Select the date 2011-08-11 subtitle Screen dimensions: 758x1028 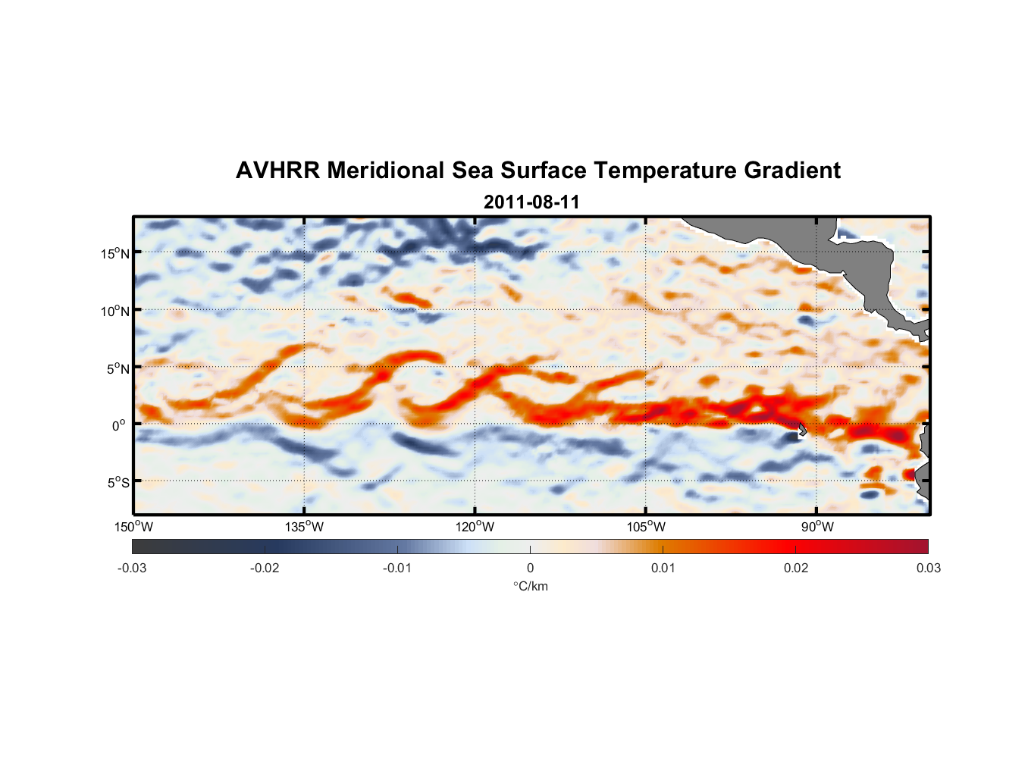click(x=531, y=202)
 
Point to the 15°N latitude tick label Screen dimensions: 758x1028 click(x=115, y=254)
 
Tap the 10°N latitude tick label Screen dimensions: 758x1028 click(x=115, y=312)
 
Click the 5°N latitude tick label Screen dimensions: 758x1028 click(x=118, y=369)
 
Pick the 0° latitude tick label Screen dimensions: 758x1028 click(x=119, y=426)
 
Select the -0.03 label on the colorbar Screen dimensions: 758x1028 click(x=132, y=568)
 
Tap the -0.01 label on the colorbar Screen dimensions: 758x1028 click(x=397, y=568)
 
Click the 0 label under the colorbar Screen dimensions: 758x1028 click(x=530, y=568)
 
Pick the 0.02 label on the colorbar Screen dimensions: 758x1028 click(x=796, y=568)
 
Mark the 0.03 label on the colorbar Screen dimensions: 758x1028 click(x=928, y=568)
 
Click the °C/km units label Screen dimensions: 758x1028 click(x=531, y=587)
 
